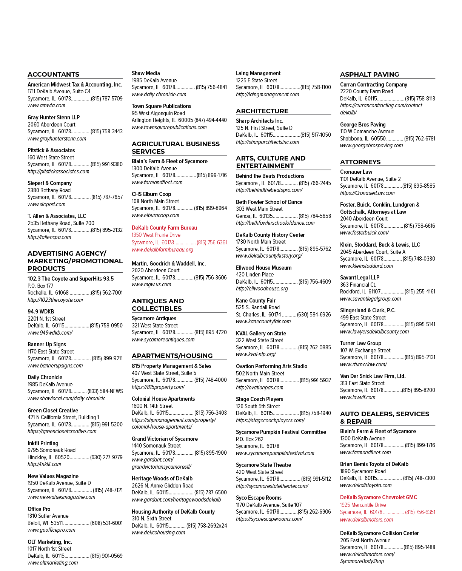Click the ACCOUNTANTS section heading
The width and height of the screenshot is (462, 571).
tap(53, 74)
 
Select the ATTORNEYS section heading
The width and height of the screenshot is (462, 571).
tap(360, 162)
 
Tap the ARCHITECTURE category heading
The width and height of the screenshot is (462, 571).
tap(262, 111)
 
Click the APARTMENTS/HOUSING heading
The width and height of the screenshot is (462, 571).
tap(172, 356)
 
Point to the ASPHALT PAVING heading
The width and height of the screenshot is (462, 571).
tap(369, 74)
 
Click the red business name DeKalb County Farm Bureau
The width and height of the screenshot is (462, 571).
tap(164, 228)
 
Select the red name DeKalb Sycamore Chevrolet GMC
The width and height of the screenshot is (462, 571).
tap(378, 497)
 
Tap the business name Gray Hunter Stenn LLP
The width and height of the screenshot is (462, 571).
tap(54, 117)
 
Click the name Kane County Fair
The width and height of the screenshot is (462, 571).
tap(256, 301)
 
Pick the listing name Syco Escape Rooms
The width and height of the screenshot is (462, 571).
tap(259, 498)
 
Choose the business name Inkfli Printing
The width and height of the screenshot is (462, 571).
tap(43, 443)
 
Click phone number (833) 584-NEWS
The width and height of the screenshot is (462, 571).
tap(105, 391)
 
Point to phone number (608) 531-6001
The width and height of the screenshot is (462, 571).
tap(106, 523)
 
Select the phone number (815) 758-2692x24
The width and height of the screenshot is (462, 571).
tap(206, 526)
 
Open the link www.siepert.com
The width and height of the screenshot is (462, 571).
tap(46, 204)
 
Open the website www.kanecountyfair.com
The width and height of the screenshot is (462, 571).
tap(263, 321)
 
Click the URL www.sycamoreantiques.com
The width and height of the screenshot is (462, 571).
tap(163, 340)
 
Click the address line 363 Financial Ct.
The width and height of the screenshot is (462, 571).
tap(358, 285)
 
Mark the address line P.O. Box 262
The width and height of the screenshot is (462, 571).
tap(249, 439)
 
